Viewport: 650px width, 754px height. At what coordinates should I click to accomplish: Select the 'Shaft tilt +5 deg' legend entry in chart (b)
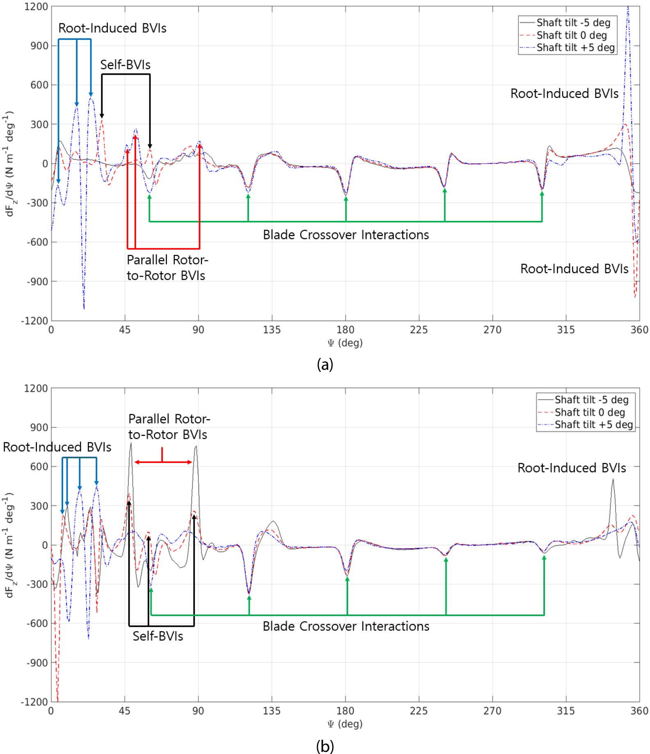(586, 425)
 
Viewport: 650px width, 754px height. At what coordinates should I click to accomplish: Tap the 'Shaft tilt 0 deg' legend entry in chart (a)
(563, 35)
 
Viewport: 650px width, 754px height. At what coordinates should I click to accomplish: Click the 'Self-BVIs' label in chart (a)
(125, 65)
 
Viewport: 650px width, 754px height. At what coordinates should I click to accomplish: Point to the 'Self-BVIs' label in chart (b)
(158, 636)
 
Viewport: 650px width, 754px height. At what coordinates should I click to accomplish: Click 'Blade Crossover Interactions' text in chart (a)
(346, 235)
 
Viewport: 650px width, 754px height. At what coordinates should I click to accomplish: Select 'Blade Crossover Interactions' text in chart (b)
(346, 626)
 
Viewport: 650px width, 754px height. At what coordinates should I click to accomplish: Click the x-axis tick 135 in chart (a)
(272, 330)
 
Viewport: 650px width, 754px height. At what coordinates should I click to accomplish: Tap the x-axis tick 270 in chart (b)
(492, 711)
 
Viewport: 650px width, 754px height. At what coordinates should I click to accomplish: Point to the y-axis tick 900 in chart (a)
(39, 46)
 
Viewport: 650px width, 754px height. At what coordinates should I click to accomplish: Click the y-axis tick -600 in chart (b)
(37, 623)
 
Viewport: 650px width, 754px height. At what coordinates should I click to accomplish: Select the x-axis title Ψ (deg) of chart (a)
(345, 343)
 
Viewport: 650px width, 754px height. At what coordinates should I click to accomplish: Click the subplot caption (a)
(325, 364)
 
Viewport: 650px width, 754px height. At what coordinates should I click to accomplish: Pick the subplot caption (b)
(325, 746)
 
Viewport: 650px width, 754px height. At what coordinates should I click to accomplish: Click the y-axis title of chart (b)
(9, 545)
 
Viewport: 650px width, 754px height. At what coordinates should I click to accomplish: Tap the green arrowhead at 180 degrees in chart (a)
(346, 199)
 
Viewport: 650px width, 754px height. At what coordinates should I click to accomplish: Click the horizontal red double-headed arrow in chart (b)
(163, 462)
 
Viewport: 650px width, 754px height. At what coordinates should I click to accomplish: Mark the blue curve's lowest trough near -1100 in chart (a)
(84, 308)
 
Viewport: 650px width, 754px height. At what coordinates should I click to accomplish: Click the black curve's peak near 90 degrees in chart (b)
(196, 446)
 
